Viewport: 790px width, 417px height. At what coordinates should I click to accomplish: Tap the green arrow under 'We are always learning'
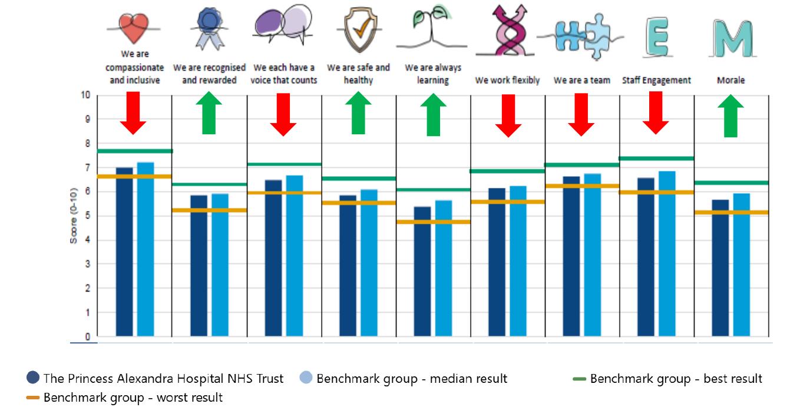click(434, 114)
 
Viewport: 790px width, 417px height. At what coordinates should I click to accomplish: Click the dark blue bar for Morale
click(720, 268)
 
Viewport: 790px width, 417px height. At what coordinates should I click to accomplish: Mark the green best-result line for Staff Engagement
click(656, 158)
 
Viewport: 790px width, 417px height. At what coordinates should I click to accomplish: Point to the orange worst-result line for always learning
click(434, 222)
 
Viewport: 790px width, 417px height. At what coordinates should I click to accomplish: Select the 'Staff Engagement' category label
click(656, 80)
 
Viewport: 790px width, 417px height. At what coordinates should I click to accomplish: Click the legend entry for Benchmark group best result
click(668, 379)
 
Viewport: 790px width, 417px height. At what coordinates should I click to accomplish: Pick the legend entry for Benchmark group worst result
click(125, 398)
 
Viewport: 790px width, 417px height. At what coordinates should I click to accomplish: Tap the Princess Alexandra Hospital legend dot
click(34, 378)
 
